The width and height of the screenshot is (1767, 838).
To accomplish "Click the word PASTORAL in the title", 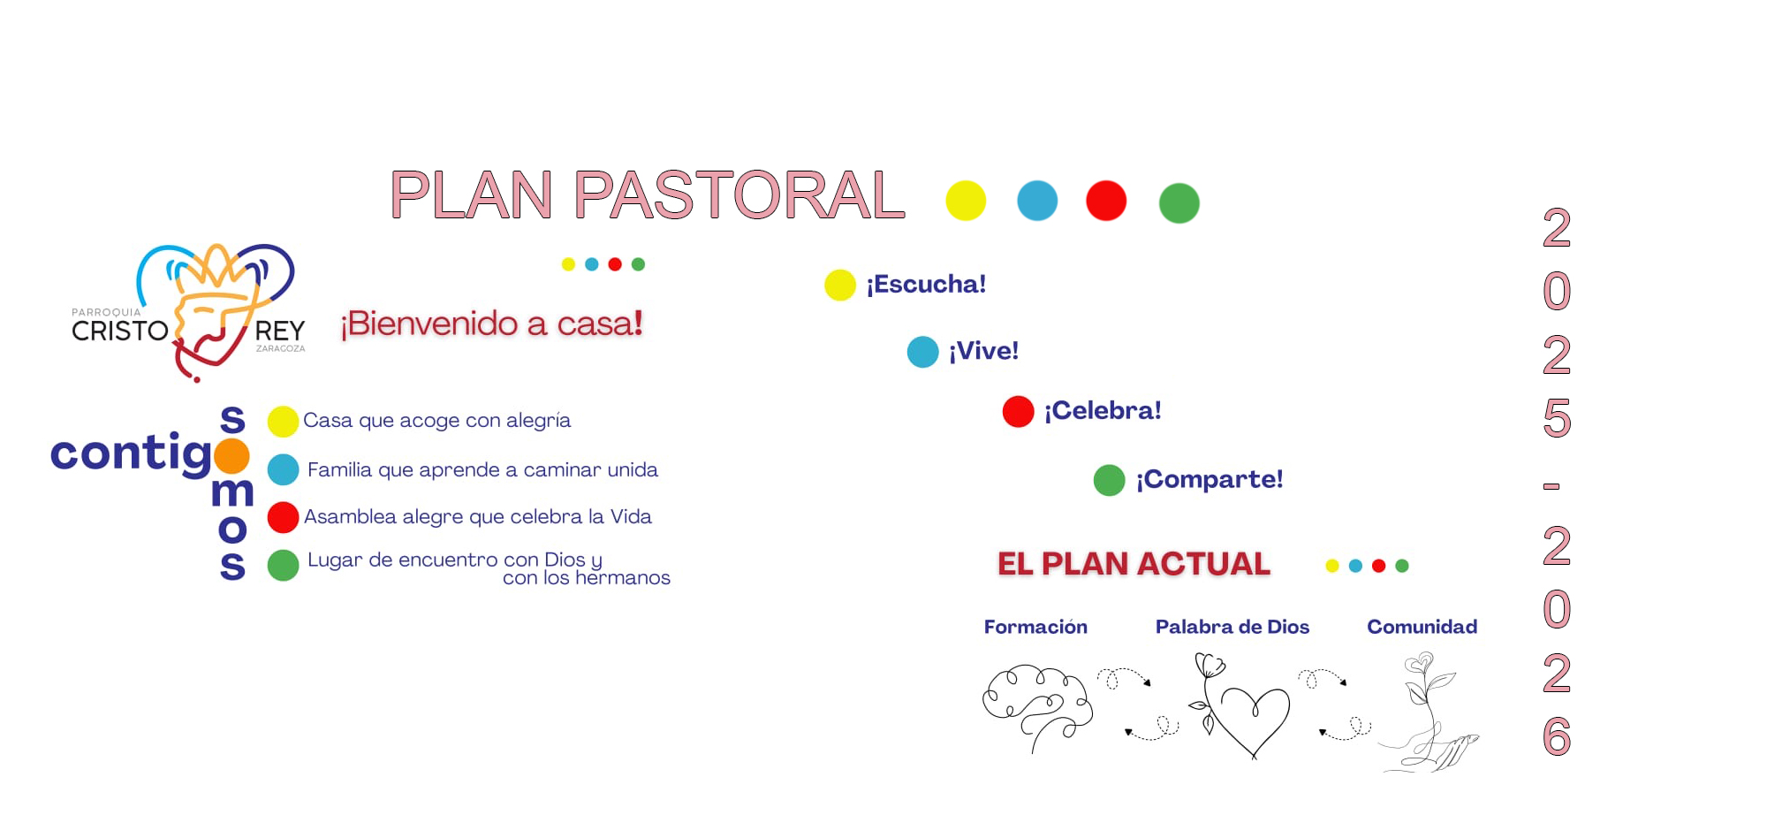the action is click(x=739, y=194).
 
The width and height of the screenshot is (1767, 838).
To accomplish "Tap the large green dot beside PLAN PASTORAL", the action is click(x=1179, y=202).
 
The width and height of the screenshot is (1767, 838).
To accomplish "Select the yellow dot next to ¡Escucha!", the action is click(x=839, y=285).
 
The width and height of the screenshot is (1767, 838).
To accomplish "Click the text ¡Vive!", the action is click(x=983, y=351).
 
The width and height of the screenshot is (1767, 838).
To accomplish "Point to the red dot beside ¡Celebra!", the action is click(x=1018, y=411).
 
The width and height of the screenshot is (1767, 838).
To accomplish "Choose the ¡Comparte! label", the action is click(x=1210, y=479).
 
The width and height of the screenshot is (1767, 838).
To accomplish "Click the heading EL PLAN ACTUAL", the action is click(x=1134, y=564).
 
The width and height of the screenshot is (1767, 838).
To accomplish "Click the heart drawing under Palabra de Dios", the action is click(x=1241, y=705).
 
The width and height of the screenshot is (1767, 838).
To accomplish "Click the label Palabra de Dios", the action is click(x=1232, y=627).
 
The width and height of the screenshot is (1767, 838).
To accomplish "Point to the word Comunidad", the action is click(x=1422, y=627).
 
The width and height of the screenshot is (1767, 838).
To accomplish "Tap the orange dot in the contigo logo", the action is click(x=231, y=455).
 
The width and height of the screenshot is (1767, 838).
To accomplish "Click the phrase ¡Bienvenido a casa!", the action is click(x=492, y=324).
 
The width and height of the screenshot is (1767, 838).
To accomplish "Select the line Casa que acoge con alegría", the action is click(x=436, y=421).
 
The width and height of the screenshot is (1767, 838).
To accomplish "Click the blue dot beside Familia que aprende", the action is click(x=283, y=469).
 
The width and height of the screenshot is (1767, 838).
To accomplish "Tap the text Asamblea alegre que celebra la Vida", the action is click(x=478, y=516).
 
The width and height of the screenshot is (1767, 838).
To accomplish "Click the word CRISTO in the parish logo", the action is click(x=120, y=331).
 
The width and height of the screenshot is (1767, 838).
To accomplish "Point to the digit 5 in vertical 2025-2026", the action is click(x=1557, y=418).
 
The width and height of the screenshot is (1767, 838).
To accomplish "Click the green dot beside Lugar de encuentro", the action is click(x=283, y=565).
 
